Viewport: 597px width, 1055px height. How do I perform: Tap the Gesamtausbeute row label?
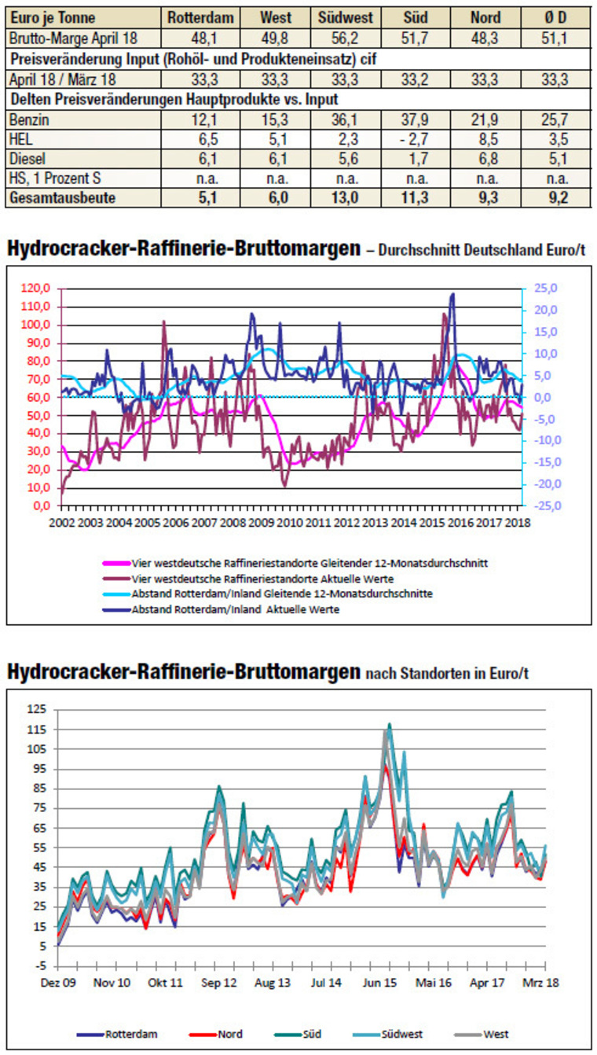(x=61, y=198)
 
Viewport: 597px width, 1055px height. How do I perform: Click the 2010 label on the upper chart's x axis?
(x=290, y=522)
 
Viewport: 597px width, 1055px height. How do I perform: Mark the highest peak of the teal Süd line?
(x=389, y=724)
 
